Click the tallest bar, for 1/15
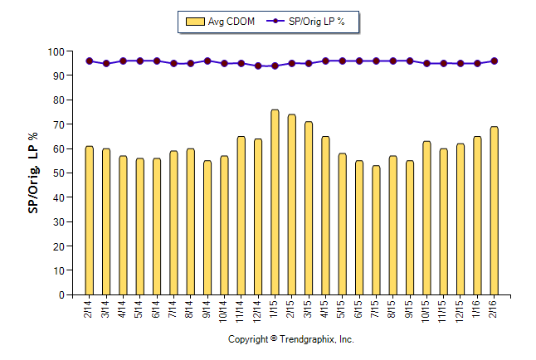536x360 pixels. (275, 202)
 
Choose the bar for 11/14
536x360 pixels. (241, 216)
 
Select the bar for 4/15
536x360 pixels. (325, 216)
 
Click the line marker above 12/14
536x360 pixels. (258, 66)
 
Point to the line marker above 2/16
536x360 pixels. (495, 61)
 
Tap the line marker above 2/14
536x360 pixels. (89, 61)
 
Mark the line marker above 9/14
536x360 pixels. (207, 61)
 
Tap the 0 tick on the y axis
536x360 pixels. (61, 295)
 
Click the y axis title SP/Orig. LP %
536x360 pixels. (33, 173)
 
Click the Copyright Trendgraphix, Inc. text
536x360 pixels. (291, 340)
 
